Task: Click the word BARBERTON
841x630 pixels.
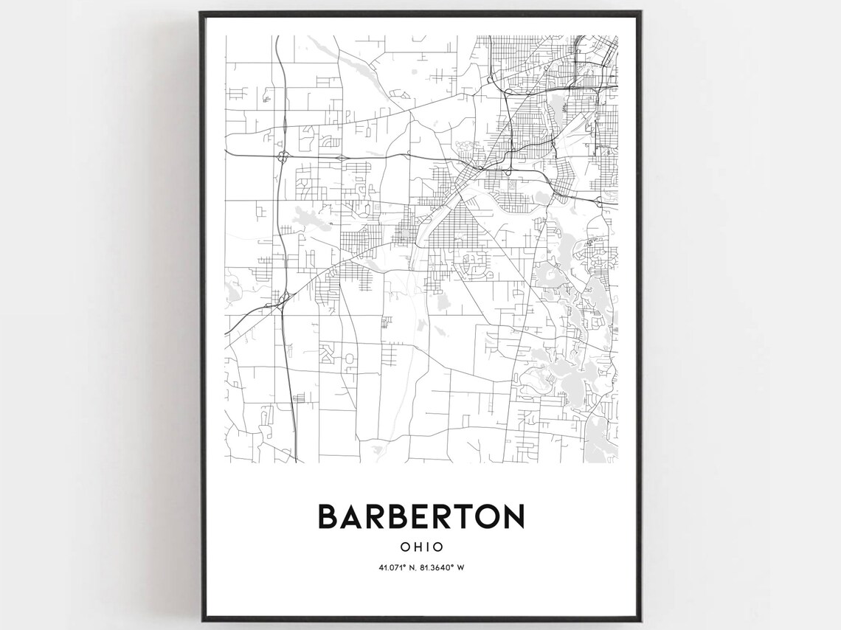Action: pos(420,516)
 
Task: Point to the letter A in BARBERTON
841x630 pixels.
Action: pos(352,516)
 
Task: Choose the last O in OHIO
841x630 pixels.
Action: pos(438,547)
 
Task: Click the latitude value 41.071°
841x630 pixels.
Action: pos(391,567)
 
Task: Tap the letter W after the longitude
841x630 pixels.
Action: pos(460,567)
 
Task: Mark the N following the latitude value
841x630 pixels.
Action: pos(409,567)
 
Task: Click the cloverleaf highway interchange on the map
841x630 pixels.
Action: pos(283,156)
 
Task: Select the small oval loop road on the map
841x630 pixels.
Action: pos(350,359)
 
